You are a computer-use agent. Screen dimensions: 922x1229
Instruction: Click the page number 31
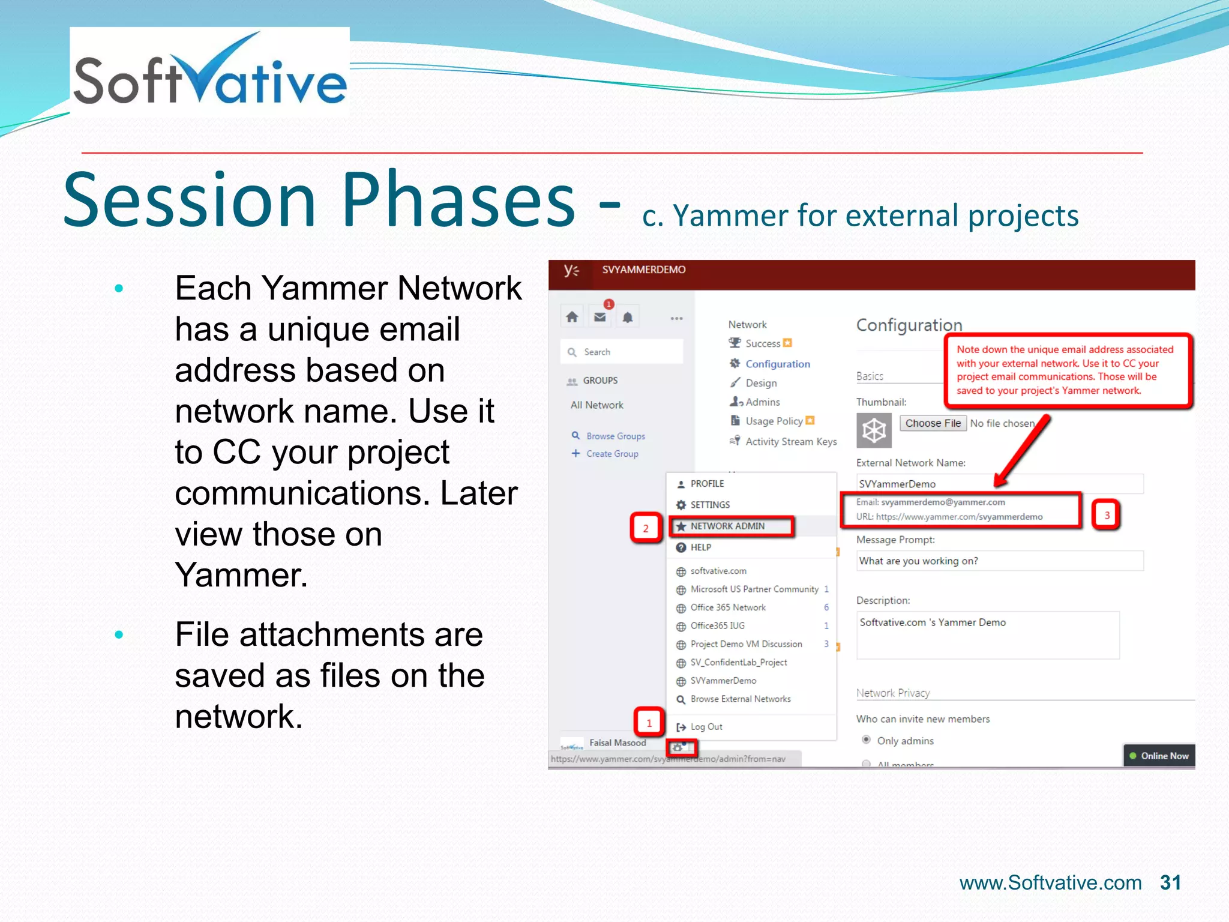pyautogui.click(x=1170, y=882)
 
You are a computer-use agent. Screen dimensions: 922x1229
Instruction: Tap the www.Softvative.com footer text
pyautogui.click(x=1050, y=883)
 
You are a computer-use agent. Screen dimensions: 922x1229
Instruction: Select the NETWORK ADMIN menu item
pyautogui.click(x=727, y=526)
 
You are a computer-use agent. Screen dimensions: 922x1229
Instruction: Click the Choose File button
pyautogui.click(x=933, y=423)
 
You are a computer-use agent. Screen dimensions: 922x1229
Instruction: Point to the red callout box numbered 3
pyautogui.click(x=1107, y=515)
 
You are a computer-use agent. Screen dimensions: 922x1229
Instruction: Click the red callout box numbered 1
pyautogui.click(x=649, y=723)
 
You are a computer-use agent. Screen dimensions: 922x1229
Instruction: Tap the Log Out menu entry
pyautogui.click(x=706, y=726)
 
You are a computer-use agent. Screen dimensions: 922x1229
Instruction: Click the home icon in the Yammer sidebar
pyautogui.click(x=572, y=317)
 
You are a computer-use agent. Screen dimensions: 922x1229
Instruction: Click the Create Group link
pyautogui.click(x=611, y=454)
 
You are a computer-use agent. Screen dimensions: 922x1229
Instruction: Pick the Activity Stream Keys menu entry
pyautogui.click(x=790, y=442)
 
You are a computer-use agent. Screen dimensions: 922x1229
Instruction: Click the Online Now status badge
pyautogui.click(x=1159, y=756)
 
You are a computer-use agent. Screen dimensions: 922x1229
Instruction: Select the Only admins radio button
pyautogui.click(x=866, y=740)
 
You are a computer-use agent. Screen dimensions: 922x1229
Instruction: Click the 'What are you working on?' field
pyautogui.click(x=999, y=561)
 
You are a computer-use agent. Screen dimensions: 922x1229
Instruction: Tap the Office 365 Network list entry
pyautogui.click(x=728, y=607)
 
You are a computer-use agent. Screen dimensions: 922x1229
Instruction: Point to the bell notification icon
pyautogui.click(x=628, y=318)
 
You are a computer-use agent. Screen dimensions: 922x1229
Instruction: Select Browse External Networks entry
pyautogui.click(x=740, y=699)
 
